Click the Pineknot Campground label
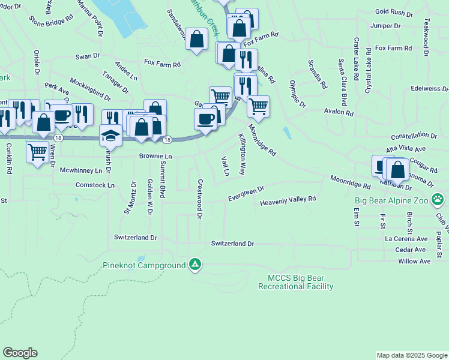pyautogui.click(x=145, y=265)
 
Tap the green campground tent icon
pyautogui.click(x=195, y=264)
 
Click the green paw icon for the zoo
pyautogui.click(x=439, y=198)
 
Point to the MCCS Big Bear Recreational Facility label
pyautogui.click(x=295, y=282)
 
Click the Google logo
pyautogui.click(x=20, y=353)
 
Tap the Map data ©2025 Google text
pyautogui.click(x=411, y=355)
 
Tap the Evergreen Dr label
pyautogui.click(x=246, y=194)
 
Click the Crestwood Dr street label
pyautogui.click(x=200, y=199)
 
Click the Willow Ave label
pyautogui.click(x=414, y=262)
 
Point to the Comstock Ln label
pyautogui.click(x=95, y=185)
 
